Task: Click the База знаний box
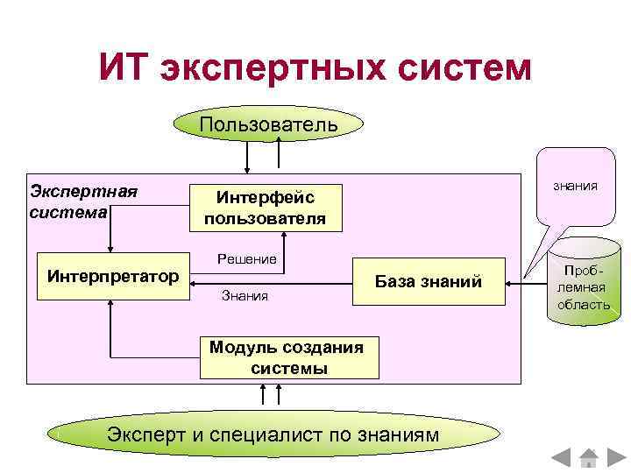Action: tap(429, 281)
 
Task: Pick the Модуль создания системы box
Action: tap(289, 357)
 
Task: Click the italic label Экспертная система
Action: tap(83, 201)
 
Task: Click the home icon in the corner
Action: tap(588, 458)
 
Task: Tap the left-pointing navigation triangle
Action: tap(561, 458)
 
